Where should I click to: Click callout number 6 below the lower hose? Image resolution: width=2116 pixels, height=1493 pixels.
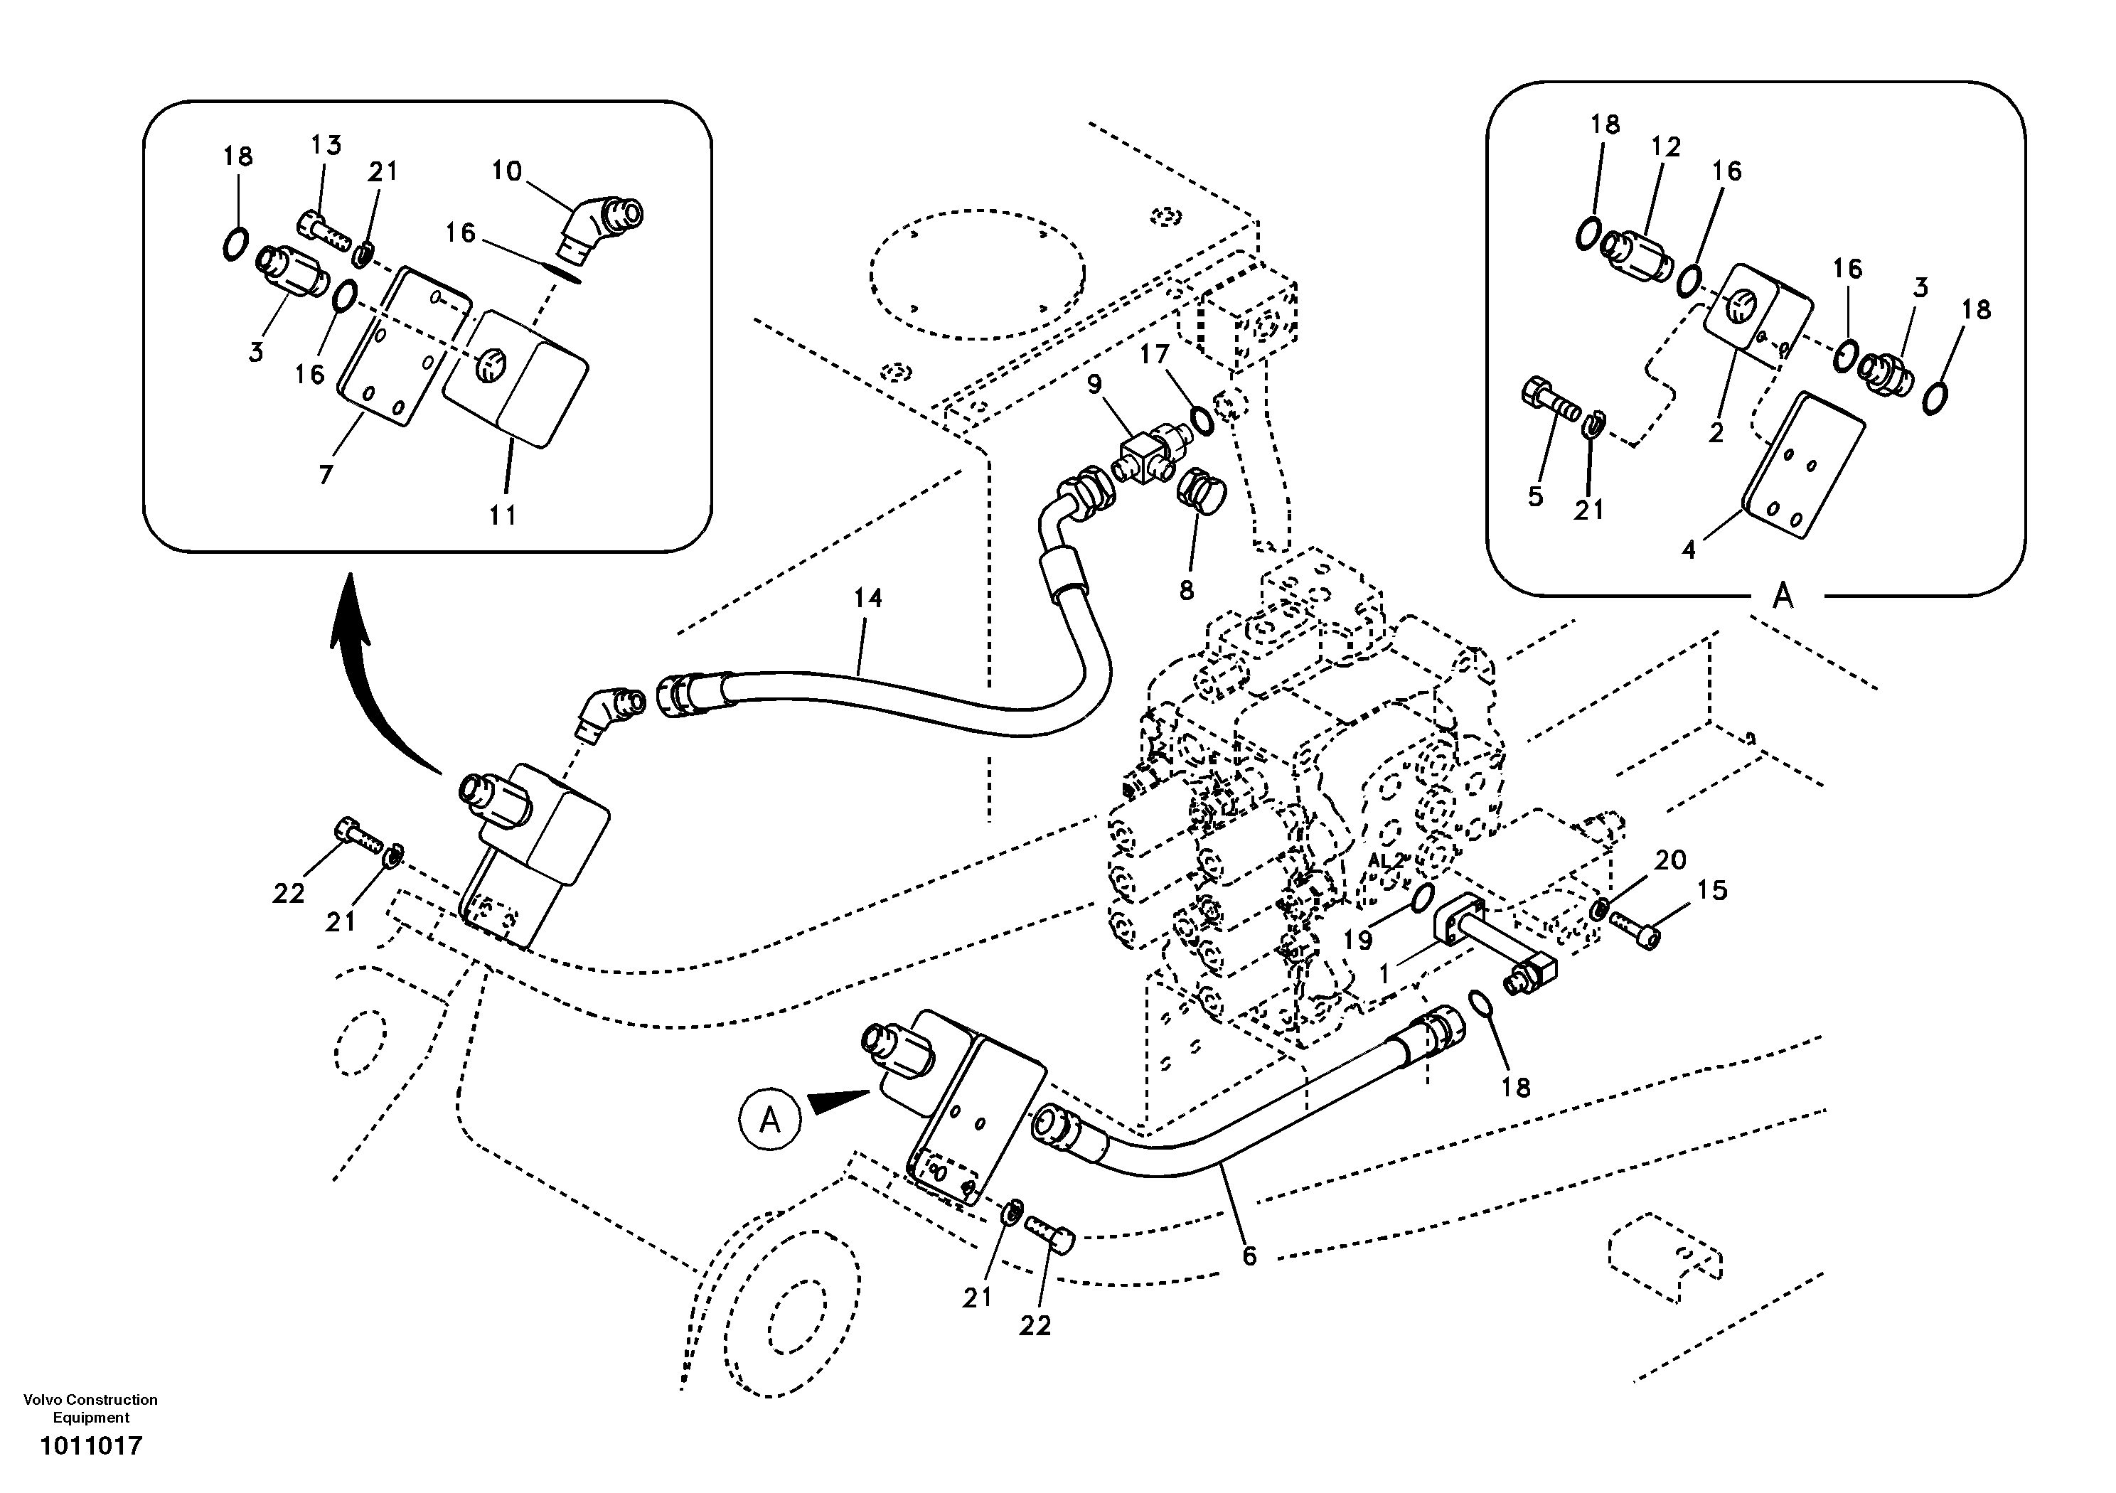point(1249,1256)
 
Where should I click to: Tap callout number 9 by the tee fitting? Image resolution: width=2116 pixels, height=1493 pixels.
point(1094,382)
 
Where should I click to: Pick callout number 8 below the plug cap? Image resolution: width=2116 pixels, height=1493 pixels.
point(1187,590)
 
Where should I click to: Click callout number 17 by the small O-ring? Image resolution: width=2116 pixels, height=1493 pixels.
point(1154,354)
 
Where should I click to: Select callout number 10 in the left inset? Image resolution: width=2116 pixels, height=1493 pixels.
point(506,171)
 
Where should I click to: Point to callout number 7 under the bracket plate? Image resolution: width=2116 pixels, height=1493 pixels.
point(326,476)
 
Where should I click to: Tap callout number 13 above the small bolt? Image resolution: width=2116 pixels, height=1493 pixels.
point(326,145)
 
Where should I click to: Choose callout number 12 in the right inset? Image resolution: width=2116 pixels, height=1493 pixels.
point(1665,146)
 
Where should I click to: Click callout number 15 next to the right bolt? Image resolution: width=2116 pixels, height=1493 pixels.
point(1712,890)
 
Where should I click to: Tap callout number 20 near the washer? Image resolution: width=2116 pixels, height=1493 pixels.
point(1670,860)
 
